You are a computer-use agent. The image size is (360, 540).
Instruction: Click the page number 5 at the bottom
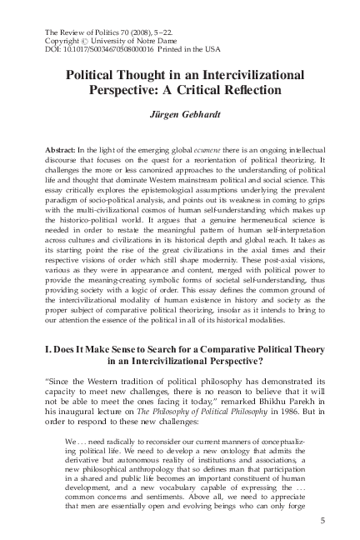point(322,521)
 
